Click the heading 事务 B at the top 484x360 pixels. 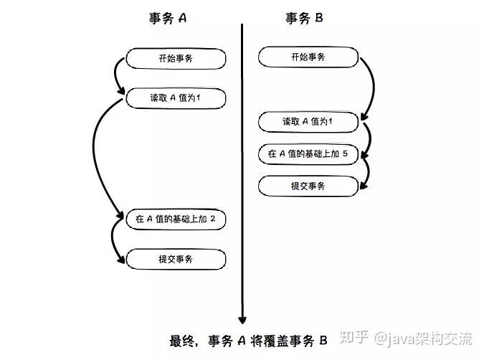point(304,19)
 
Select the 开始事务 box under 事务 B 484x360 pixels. point(307,57)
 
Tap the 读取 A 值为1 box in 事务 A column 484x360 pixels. point(176,98)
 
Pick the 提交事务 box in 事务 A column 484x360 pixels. point(176,258)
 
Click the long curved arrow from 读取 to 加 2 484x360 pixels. point(96,158)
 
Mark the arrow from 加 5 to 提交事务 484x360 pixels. point(367,172)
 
